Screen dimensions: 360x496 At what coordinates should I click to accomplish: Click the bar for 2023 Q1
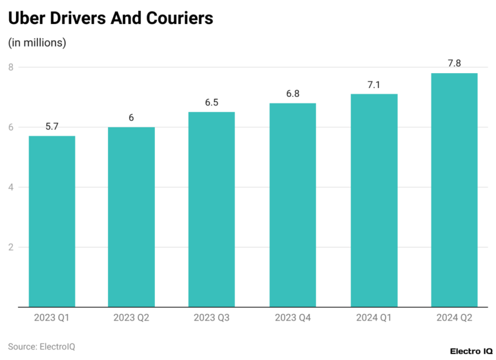[x=52, y=221]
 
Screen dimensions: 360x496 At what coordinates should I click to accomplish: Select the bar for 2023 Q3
[x=212, y=209]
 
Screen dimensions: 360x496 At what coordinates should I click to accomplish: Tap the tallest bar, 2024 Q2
[x=454, y=190]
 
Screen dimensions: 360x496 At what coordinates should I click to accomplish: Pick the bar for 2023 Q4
[x=293, y=205]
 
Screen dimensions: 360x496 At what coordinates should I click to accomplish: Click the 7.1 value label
[x=373, y=85]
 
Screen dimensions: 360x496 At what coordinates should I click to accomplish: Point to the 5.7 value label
[x=52, y=127]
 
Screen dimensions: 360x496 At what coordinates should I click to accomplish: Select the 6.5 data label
[x=212, y=103]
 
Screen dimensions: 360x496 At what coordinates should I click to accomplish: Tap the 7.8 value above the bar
[x=454, y=63]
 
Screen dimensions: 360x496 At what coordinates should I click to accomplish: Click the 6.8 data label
[x=293, y=94]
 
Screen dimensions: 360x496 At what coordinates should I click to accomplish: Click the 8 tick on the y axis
[x=11, y=67]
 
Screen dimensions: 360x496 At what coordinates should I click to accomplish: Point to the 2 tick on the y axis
[x=11, y=247]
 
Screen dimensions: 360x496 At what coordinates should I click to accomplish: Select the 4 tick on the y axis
[x=11, y=187]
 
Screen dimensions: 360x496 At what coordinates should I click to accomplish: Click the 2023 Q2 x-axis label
[x=132, y=317]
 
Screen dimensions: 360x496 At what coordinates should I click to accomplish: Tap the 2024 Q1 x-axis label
[x=373, y=317]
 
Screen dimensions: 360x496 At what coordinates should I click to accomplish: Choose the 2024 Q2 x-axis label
[x=454, y=317]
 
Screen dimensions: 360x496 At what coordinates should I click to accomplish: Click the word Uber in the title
[x=27, y=19]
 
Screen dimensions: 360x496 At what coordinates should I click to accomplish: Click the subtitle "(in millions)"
[x=37, y=43]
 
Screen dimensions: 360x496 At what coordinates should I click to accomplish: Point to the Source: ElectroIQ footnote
[x=41, y=346]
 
